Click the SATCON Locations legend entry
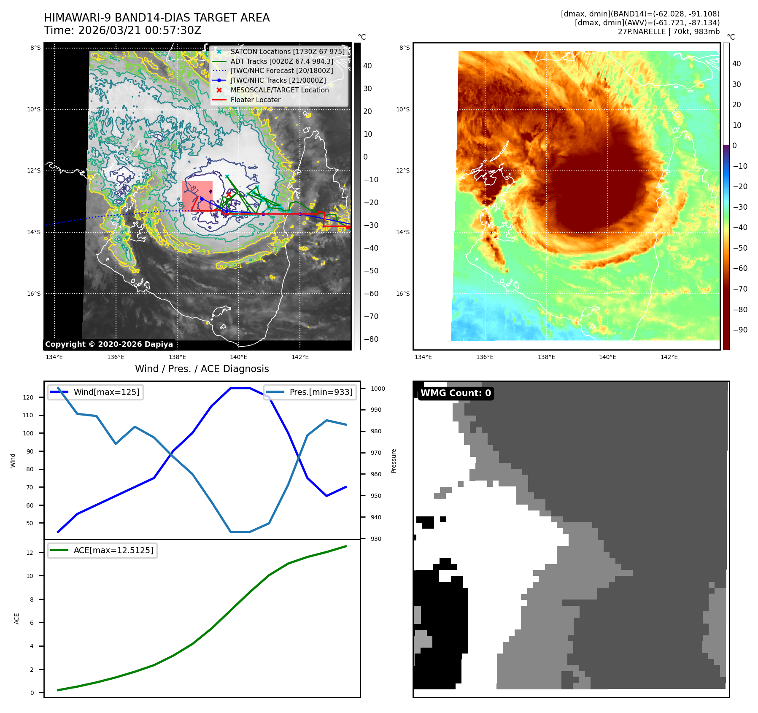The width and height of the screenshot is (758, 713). [287, 51]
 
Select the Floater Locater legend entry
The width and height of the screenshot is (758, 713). [255, 100]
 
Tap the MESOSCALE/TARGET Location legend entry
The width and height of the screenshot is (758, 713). [279, 90]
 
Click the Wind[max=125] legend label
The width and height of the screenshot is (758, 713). [106, 392]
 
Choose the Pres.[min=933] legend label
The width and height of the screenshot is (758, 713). [321, 392]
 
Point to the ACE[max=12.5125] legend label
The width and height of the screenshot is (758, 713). [113, 550]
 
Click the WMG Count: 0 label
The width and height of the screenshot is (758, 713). [456, 393]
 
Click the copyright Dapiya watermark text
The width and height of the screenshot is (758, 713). [109, 344]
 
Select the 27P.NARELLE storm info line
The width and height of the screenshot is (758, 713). [669, 32]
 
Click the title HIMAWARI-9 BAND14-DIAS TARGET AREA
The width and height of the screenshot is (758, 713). [156, 18]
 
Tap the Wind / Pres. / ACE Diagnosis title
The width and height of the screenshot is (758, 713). [202, 369]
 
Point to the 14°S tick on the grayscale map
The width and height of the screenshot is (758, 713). [34, 232]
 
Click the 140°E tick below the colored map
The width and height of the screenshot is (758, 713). [607, 357]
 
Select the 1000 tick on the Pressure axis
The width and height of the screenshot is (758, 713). [378, 389]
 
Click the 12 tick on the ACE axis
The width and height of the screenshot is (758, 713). [30, 553]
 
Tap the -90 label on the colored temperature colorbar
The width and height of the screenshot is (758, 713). [740, 330]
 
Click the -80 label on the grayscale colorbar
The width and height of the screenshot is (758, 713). [371, 339]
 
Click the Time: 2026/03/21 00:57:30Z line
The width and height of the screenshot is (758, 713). [122, 30]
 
